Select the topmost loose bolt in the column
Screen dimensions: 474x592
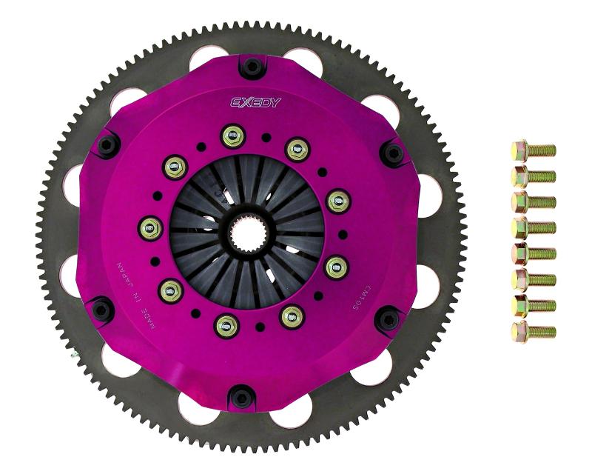(x=533, y=150)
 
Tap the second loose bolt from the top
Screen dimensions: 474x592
(x=533, y=176)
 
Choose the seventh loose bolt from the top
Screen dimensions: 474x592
(x=533, y=305)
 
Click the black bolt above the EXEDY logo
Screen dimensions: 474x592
(x=252, y=67)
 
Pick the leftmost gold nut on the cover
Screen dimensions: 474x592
(x=150, y=227)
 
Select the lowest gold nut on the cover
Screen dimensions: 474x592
(x=224, y=323)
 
